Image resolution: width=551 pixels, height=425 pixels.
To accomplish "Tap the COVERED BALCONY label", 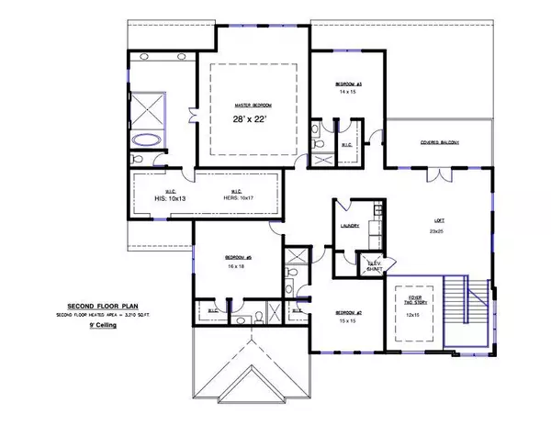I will pos(438,143).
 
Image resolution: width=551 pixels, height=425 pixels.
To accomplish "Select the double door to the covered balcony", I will pos(438,174).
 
